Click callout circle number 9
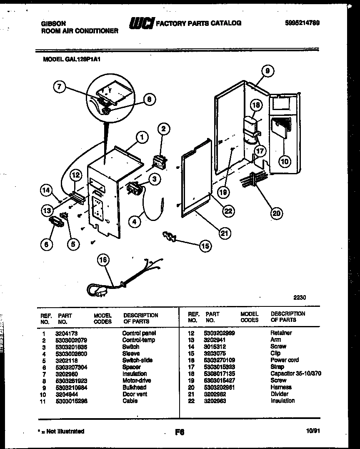(x=267, y=72)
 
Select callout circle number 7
(x=60, y=87)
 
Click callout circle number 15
(x=205, y=246)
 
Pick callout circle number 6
(x=47, y=244)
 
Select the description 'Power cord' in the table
(x=285, y=360)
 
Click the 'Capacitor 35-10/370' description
(x=296, y=374)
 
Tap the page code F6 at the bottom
(x=180, y=432)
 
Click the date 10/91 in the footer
(x=312, y=432)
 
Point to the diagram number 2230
(x=299, y=298)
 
